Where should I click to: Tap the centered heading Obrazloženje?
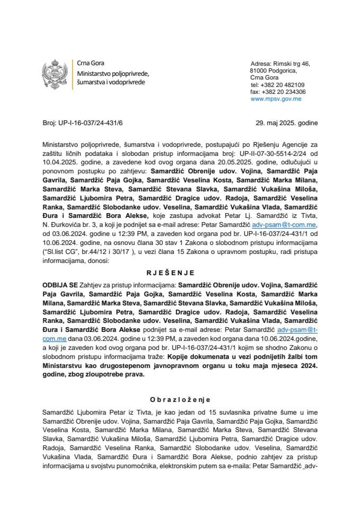point(180,399)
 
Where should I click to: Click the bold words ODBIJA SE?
point(59,284)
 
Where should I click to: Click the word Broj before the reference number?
point(49,123)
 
